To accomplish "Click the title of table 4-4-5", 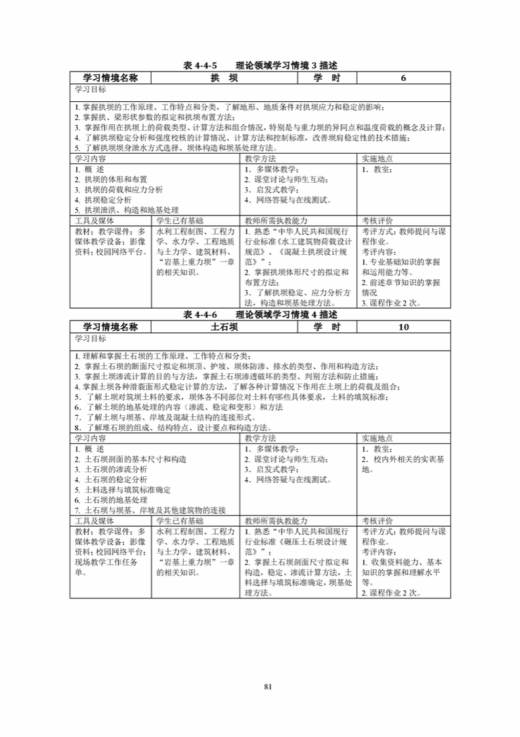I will click(x=260, y=66).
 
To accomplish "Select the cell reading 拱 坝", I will click(x=223, y=78).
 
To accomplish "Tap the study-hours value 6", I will click(x=403, y=78).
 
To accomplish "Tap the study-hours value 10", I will click(x=403, y=326).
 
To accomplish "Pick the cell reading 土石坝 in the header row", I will click(x=223, y=326).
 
